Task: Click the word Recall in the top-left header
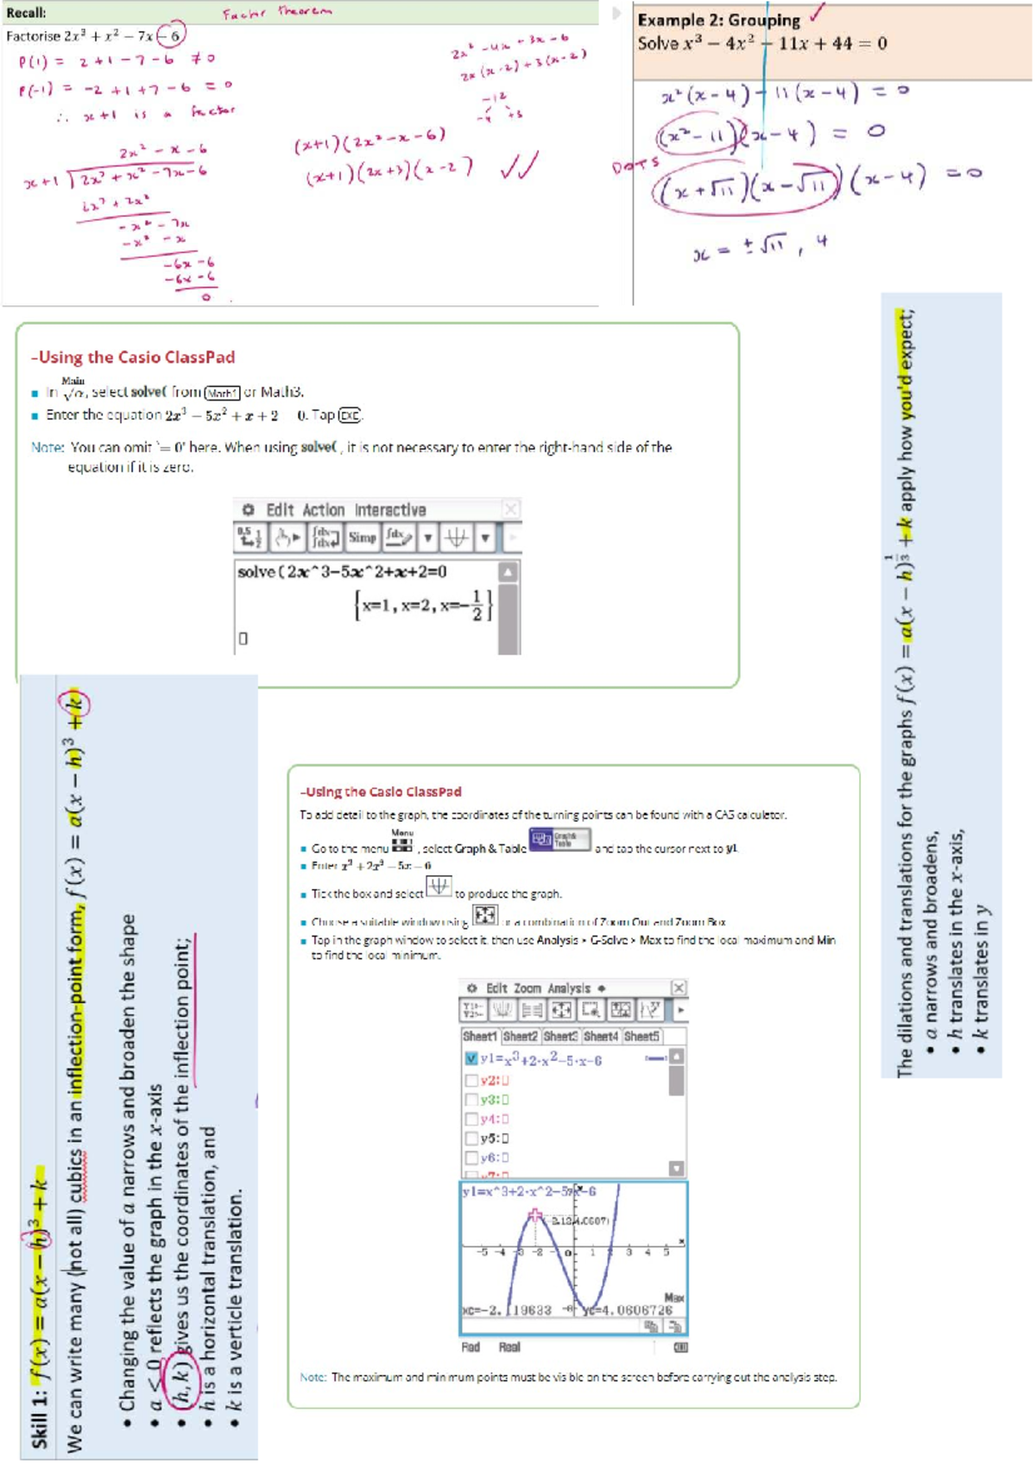click(x=26, y=13)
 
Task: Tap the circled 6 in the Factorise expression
click(x=174, y=35)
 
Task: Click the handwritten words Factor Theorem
click(x=276, y=12)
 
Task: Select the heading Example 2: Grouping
click(x=718, y=20)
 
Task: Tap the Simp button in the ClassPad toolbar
click(x=362, y=538)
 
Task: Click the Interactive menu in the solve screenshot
click(x=390, y=510)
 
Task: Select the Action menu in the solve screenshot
click(x=323, y=510)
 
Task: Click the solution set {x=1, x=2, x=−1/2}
click(x=423, y=605)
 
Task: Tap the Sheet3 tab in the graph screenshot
click(x=559, y=1036)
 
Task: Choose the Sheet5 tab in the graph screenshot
click(x=641, y=1036)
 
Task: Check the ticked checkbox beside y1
click(x=471, y=1058)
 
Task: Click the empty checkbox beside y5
click(x=471, y=1139)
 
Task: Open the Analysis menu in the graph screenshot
click(x=569, y=988)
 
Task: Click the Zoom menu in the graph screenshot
click(x=527, y=988)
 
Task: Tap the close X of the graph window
click(x=679, y=988)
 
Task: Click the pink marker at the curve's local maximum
click(x=535, y=1215)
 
